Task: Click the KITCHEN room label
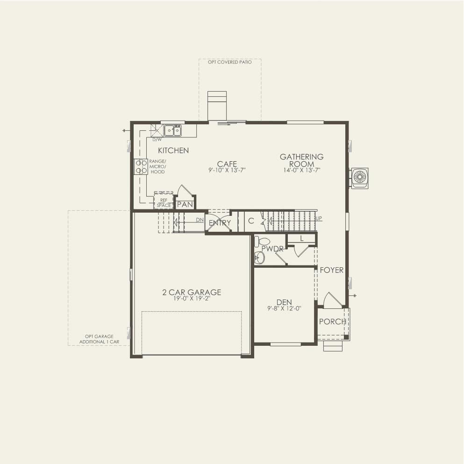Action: point(173,150)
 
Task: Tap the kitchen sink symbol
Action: point(172,130)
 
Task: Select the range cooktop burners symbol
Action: point(141,167)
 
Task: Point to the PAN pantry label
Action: point(185,204)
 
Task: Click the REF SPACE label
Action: point(164,203)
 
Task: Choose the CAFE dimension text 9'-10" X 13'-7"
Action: point(227,171)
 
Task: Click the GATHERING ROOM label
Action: point(301,160)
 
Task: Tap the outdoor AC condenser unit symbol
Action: point(360,178)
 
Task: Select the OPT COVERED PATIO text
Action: point(229,62)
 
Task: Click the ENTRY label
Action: point(220,223)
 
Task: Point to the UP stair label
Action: point(319,218)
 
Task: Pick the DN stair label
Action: point(200,220)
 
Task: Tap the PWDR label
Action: point(272,249)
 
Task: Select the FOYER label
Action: point(331,270)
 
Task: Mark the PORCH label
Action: point(332,321)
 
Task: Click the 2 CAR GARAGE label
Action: point(192,293)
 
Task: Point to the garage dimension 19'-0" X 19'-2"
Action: point(192,300)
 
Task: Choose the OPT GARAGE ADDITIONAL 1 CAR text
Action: point(99,339)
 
